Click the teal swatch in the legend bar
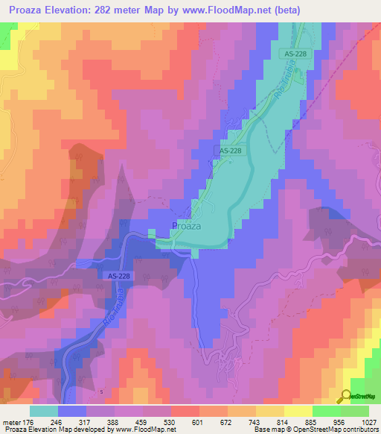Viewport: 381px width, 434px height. tap(44, 410)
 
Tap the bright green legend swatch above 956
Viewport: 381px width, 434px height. tap(327, 410)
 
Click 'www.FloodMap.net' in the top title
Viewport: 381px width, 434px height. tap(253, 10)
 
